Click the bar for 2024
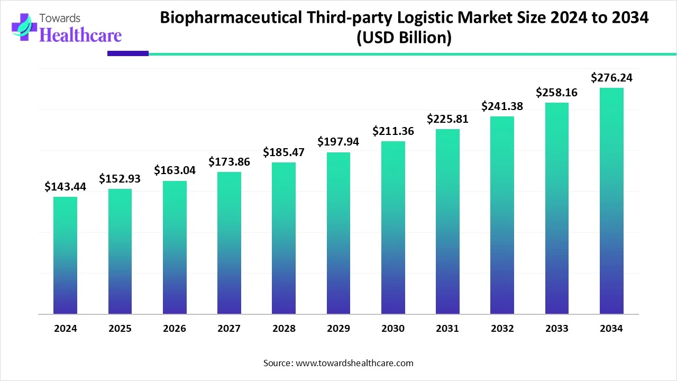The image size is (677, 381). pyautogui.click(x=65, y=256)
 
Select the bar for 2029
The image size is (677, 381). pyautogui.click(x=338, y=233)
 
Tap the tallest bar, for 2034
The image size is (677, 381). pyautogui.click(x=611, y=201)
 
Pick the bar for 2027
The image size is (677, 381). pyautogui.click(x=229, y=243)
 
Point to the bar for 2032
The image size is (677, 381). pyautogui.click(x=502, y=215)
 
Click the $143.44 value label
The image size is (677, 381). pyautogui.click(x=65, y=186)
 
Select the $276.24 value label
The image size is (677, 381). pyautogui.click(x=611, y=78)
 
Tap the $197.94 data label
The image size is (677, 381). pyautogui.click(x=338, y=142)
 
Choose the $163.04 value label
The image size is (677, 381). pyautogui.click(x=175, y=170)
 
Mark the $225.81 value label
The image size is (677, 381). pyautogui.click(x=447, y=119)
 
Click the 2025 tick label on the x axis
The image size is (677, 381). pyautogui.click(x=120, y=329)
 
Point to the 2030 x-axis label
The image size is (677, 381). pyautogui.click(x=393, y=329)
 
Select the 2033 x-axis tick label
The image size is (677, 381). pyautogui.click(x=557, y=329)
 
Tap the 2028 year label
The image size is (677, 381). pyautogui.click(x=284, y=329)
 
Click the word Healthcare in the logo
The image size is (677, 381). pyautogui.click(x=80, y=35)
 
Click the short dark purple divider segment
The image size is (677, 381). pyautogui.click(x=128, y=53)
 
